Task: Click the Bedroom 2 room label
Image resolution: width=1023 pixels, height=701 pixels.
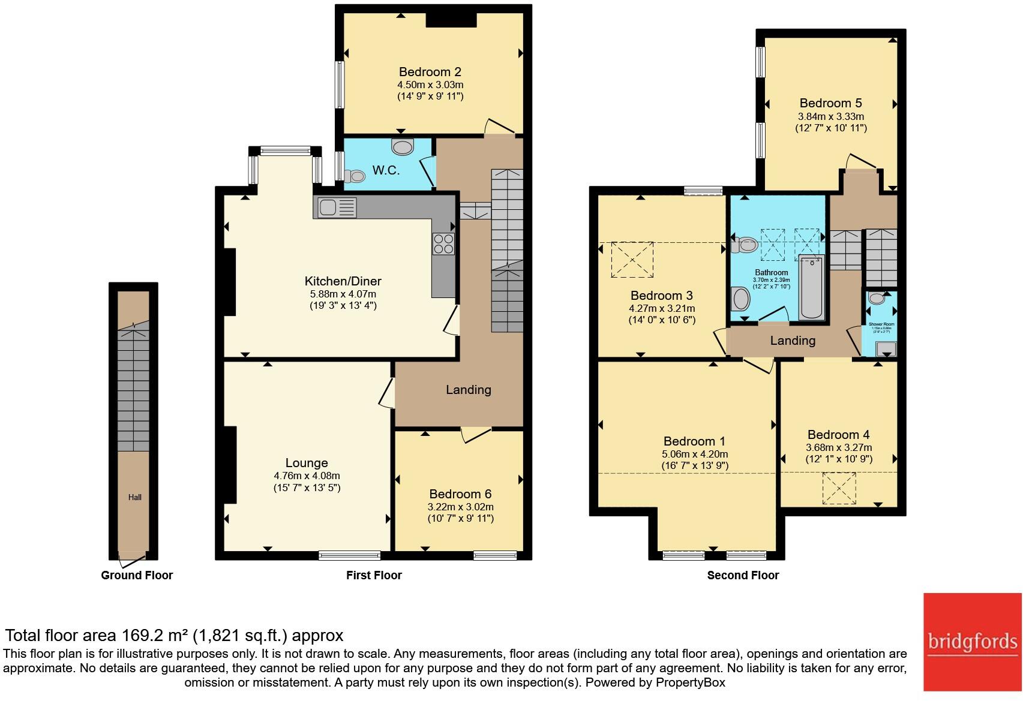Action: point(430,72)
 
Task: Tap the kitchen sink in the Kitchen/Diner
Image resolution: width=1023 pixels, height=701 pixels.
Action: point(328,207)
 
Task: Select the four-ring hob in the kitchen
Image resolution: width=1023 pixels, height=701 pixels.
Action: point(443,243)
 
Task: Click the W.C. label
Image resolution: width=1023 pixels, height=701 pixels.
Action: point(386,170)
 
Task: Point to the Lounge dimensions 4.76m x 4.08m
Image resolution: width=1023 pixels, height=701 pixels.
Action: point(307,476)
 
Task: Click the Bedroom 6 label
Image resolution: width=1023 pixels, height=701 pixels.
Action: point(460,494)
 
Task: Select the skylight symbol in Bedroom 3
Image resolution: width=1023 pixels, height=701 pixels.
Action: point(632,260)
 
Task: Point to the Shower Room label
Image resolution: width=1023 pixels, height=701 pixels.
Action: point(881,324)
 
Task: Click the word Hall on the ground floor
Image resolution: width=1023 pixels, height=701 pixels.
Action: point(134,497)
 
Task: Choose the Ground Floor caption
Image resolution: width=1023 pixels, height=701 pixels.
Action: point(137,575)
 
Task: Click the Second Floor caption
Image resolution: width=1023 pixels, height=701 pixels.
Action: point(743,575)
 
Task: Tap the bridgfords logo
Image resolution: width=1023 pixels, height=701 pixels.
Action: point(972,642)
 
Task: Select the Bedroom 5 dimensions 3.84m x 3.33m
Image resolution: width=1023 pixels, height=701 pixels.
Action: point(830,116)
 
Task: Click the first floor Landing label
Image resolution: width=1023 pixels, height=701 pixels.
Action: point(468,390)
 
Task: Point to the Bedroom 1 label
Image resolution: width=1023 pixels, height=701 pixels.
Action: point(689,441)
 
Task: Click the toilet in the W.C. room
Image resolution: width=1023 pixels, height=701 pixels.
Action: point(355,176)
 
